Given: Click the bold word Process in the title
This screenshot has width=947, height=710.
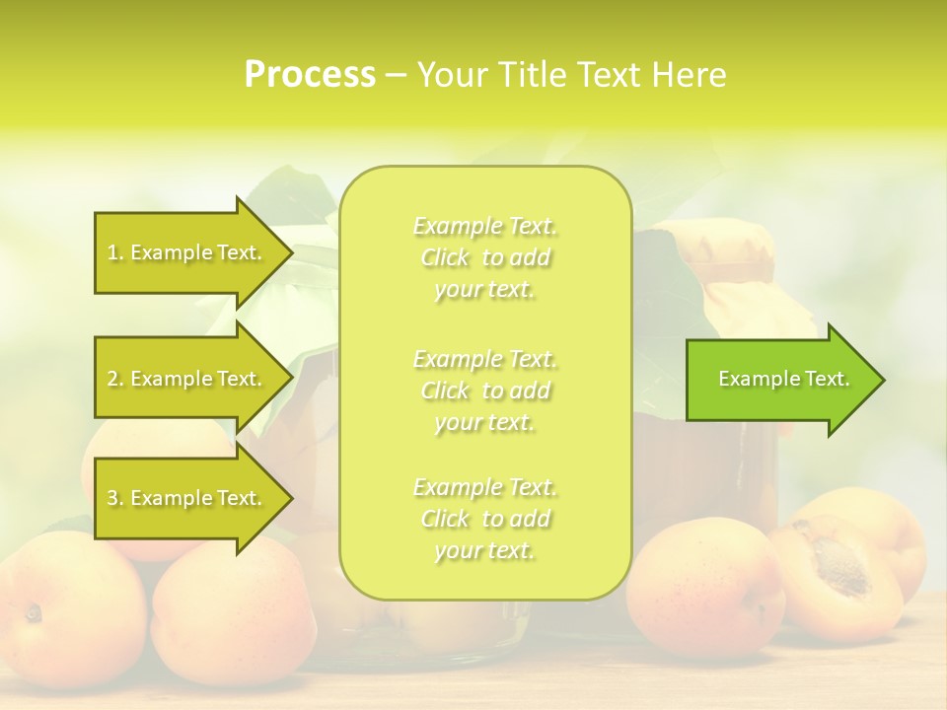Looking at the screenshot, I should click(x=310, y=75).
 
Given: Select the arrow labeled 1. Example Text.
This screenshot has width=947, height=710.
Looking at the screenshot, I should click(x=187, y=252).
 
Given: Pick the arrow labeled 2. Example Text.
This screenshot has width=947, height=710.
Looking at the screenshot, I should click(x=187, y=379).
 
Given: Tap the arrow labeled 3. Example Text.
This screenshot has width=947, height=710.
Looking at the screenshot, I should click(x=187, y=498).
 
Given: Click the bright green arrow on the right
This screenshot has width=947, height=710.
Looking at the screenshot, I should click(x=779, y=380).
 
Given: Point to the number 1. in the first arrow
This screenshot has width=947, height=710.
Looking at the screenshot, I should click(x=115, y=252).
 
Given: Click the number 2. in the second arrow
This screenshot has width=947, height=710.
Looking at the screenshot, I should click(x=115, y=379).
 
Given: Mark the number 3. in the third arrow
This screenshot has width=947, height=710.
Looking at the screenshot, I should click(x=115, y=498).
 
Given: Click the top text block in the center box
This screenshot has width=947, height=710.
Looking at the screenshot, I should click(x=485, y=257).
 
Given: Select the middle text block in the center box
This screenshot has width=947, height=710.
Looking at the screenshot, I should click(x=485, y=390).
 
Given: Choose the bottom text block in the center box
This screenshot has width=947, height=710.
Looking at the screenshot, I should click(x=485, y=519).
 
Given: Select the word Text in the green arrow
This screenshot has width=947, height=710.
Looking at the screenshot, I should click(x=828, y=380).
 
